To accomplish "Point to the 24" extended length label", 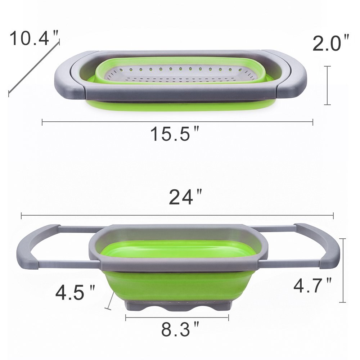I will [x=185, y=197].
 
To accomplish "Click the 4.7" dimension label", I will [x=312, y=286].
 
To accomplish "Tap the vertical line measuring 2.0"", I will [x=327, y=85].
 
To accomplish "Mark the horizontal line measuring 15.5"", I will [x=177, y=122].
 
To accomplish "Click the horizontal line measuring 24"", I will [x=177, y=216].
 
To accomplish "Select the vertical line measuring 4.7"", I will [x=344, y=270].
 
